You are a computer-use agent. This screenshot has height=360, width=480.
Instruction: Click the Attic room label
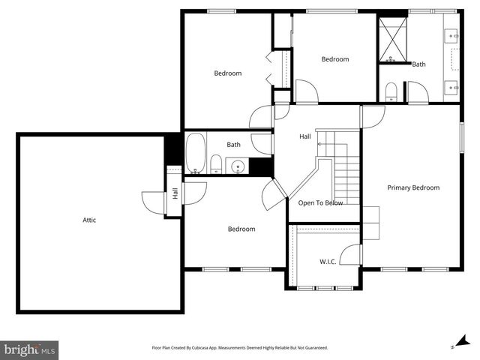[89, 220]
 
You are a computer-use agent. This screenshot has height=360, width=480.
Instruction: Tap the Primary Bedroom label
[413, 187]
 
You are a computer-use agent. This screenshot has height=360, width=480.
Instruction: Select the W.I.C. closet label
[328, 262]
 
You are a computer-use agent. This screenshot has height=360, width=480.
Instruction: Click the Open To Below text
[321, 202]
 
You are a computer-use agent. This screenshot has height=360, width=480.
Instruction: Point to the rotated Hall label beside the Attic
[175, 193]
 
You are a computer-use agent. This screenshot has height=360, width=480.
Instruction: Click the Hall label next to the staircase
[305, 136]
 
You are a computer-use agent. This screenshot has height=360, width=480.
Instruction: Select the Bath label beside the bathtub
[234, 145]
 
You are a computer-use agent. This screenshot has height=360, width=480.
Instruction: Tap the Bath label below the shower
[418, 64]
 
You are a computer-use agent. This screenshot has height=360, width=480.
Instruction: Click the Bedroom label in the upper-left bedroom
[228, 73]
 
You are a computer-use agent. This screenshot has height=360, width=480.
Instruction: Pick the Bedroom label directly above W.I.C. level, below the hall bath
[241, 229]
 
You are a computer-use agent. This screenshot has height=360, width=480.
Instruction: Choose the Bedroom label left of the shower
[335, 59]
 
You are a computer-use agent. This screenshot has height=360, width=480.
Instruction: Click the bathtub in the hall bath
[195, 154]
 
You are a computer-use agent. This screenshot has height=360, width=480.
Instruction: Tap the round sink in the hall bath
[237, 166]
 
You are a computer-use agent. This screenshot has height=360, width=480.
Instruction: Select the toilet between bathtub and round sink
[216, 164]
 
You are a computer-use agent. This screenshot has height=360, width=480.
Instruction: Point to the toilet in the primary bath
[391, 92]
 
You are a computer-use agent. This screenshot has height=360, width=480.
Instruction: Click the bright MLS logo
[29, 349]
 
